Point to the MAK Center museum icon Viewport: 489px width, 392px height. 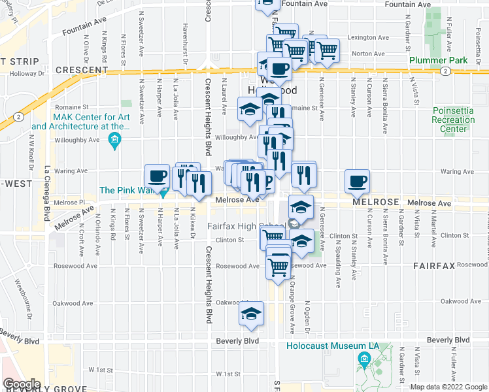(115, 139)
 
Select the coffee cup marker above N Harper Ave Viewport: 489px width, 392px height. (157, 175)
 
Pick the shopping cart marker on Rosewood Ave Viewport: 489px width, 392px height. (278, 265)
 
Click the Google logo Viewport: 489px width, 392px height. (22, 384)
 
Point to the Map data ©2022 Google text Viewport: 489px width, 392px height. (448, 387)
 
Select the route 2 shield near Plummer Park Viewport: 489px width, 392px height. (445, 71)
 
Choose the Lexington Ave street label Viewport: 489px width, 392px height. (354, 39)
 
